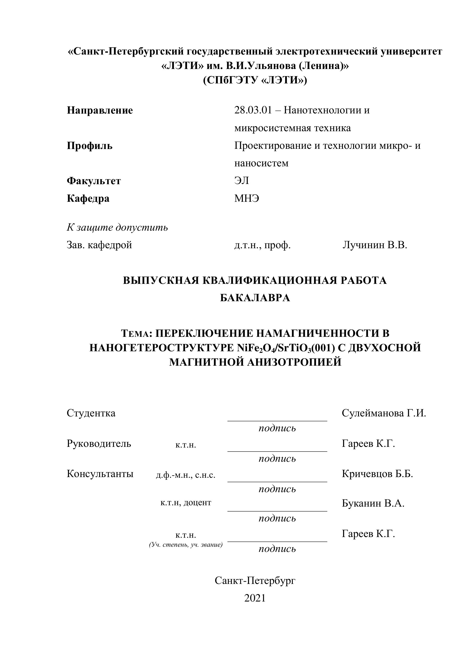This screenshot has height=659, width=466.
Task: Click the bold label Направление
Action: tap(100, 110)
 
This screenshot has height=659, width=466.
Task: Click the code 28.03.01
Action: tap(253, 110)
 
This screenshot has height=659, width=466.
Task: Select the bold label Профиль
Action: tap(89, 146)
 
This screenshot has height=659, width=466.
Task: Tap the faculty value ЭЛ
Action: tap(241, 181)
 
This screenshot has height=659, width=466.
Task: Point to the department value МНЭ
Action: tap(247, 198)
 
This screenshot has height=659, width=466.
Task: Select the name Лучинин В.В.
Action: tap(375, 245)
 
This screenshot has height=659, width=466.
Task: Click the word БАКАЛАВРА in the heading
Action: tap(255, 298)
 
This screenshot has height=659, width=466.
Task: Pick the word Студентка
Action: tap(91, 413)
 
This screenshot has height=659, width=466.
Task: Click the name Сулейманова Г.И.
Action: tap(384, 413)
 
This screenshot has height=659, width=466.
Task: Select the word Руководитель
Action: tap(99, 443)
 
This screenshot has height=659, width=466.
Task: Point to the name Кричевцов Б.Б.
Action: tap(377, 474)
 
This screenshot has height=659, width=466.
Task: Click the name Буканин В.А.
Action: tap(373, 503)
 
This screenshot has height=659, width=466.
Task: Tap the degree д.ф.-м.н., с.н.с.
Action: tap(185, 475)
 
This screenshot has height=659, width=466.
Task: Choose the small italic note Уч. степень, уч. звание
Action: tap(186, 544)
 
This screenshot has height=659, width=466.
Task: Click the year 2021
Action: tap(255, 598)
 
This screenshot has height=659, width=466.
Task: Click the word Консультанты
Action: tap(100, 474)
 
